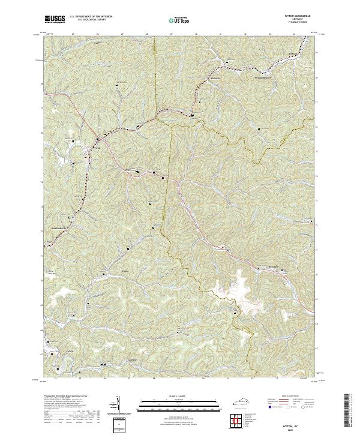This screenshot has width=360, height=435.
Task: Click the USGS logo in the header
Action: click(54, 19)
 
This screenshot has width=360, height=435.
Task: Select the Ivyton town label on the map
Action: click(96, 141)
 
